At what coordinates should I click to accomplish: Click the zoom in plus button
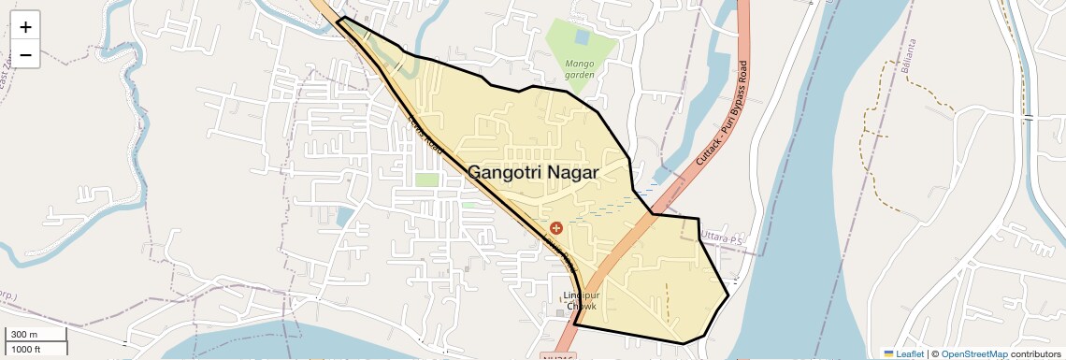point(25,26)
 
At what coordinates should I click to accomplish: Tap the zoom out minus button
point(25,55)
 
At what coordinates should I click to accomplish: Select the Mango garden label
point(580,69)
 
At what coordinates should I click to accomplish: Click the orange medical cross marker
point(556,227)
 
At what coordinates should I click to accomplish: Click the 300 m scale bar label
point(23,335)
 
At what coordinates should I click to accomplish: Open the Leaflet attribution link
point(903,353)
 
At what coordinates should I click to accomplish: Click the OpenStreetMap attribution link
point(973,353)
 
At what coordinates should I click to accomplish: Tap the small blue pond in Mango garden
point(583,38)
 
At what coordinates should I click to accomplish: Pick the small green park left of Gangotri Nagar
point(426,179)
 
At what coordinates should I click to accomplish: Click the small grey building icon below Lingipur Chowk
point(561,312)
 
